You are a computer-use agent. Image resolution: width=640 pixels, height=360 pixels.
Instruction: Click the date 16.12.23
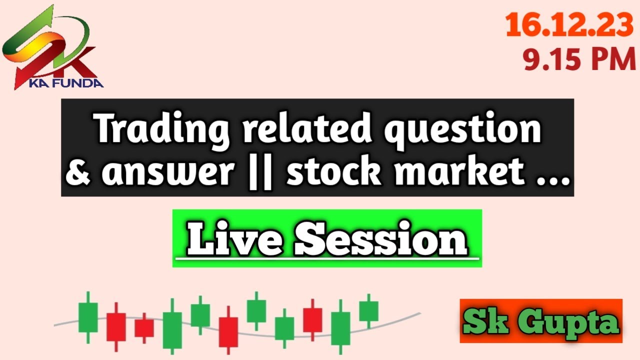tap(569, 25)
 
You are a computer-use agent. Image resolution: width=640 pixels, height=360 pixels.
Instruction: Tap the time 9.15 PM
tap(579, 60)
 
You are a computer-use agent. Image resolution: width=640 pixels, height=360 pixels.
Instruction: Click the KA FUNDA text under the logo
tap(66, 83)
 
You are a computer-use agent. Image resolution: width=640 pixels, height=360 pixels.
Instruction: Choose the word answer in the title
tap(168, 172)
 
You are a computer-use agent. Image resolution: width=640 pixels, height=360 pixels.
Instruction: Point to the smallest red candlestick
tap(144, 328)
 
